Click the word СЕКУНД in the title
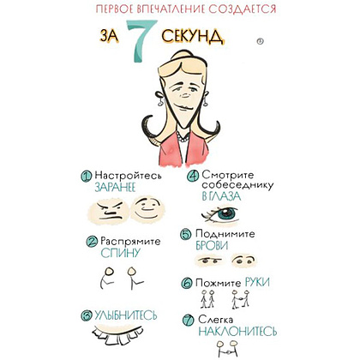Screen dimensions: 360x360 [192, 36]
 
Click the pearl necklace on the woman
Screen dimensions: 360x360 [183, 137]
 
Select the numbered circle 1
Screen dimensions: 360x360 [86, 177]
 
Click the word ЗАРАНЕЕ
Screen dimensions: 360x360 [115, 187]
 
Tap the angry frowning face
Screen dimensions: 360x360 [110, 211]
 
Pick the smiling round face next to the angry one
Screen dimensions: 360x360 [147, 208]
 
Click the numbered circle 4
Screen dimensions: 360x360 [193, 176]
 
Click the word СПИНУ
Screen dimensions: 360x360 [121, 253]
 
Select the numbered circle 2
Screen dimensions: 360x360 [92, 242]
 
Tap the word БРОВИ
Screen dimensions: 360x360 [212, 246]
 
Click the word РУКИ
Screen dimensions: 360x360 [257, 282]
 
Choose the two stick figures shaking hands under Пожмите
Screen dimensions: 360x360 [240, 299]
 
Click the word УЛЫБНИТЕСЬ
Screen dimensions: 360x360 [126, 315]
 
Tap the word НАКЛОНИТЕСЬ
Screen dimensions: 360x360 [237, 332]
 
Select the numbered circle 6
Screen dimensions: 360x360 [187, 283]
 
